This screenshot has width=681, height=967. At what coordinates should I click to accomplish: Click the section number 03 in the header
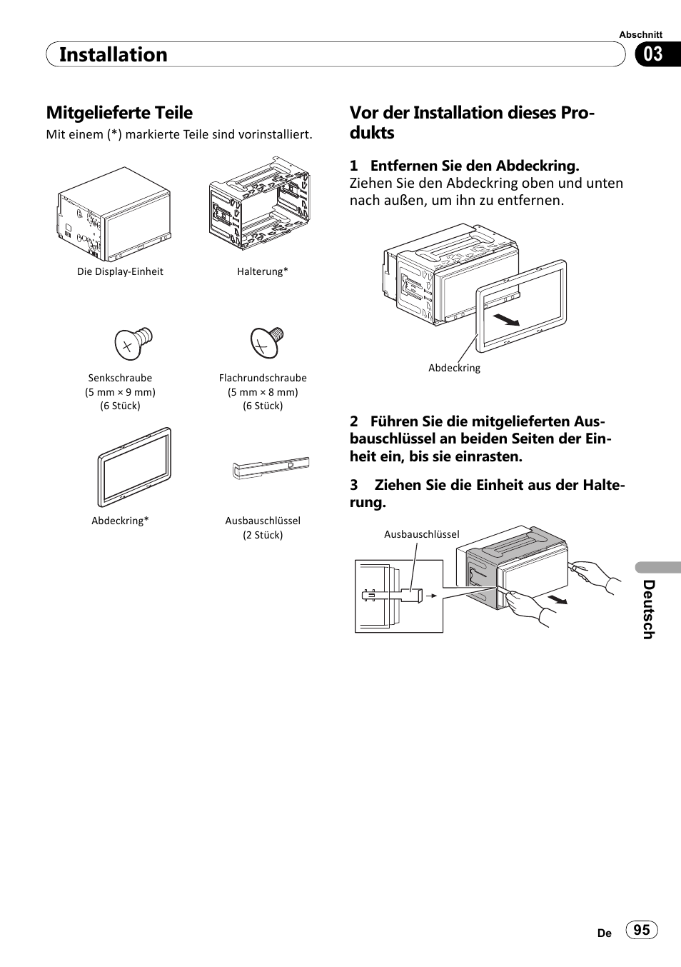pos(653,54)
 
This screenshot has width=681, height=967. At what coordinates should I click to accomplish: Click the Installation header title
pos(113,55)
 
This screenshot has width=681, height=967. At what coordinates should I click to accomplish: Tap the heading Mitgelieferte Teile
pos(119,113)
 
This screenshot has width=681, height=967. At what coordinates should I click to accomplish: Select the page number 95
pos(642,929)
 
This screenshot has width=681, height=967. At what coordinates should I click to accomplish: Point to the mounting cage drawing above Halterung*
pos(259,203)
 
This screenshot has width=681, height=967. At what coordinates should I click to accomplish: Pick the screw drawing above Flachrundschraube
pos(266,342)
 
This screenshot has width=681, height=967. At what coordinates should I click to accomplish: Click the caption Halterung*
pos(263,271)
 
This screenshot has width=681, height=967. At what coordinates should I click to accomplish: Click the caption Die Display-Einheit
pos(120,271)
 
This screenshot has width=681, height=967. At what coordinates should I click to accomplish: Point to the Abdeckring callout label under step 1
pos(454,368)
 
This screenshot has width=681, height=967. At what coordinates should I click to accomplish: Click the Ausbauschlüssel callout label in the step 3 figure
pos(422,534)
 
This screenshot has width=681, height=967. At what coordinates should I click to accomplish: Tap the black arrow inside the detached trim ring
pos(506,319)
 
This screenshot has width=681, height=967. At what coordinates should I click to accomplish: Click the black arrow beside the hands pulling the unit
pos(558,598)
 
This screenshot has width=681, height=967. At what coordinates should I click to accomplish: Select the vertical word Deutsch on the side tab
pos(647,609)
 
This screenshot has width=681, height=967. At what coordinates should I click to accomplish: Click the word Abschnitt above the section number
pos(640,34)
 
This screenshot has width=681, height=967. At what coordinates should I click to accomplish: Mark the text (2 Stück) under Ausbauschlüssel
pos(263,535)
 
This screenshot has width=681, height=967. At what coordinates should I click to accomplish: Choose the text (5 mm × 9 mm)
pos(120,392)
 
